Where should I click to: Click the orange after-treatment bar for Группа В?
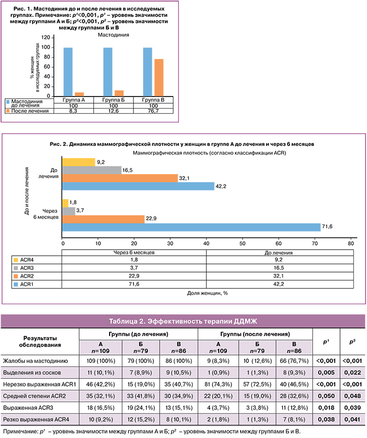click(x=145, y=78)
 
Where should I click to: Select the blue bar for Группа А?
click(x=68, y=71)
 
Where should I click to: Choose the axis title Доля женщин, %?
click(x=207, y=295)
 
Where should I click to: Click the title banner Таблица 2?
click(x=183, y=321)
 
